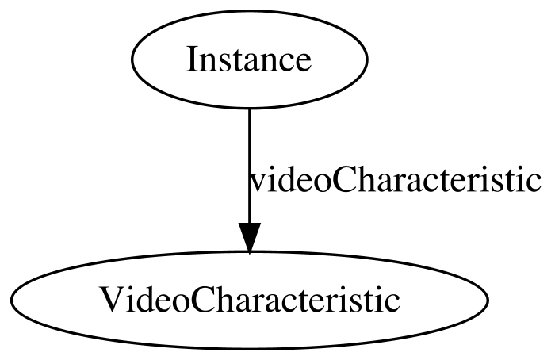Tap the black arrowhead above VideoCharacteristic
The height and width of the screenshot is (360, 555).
point(250,238)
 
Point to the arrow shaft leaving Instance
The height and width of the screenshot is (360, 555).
point(250,166)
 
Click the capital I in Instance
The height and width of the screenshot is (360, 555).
point(193,59)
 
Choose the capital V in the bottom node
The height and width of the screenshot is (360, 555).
point(114,300)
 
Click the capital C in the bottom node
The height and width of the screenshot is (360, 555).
point(201,300)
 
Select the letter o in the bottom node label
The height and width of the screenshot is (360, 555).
point(179,304)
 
